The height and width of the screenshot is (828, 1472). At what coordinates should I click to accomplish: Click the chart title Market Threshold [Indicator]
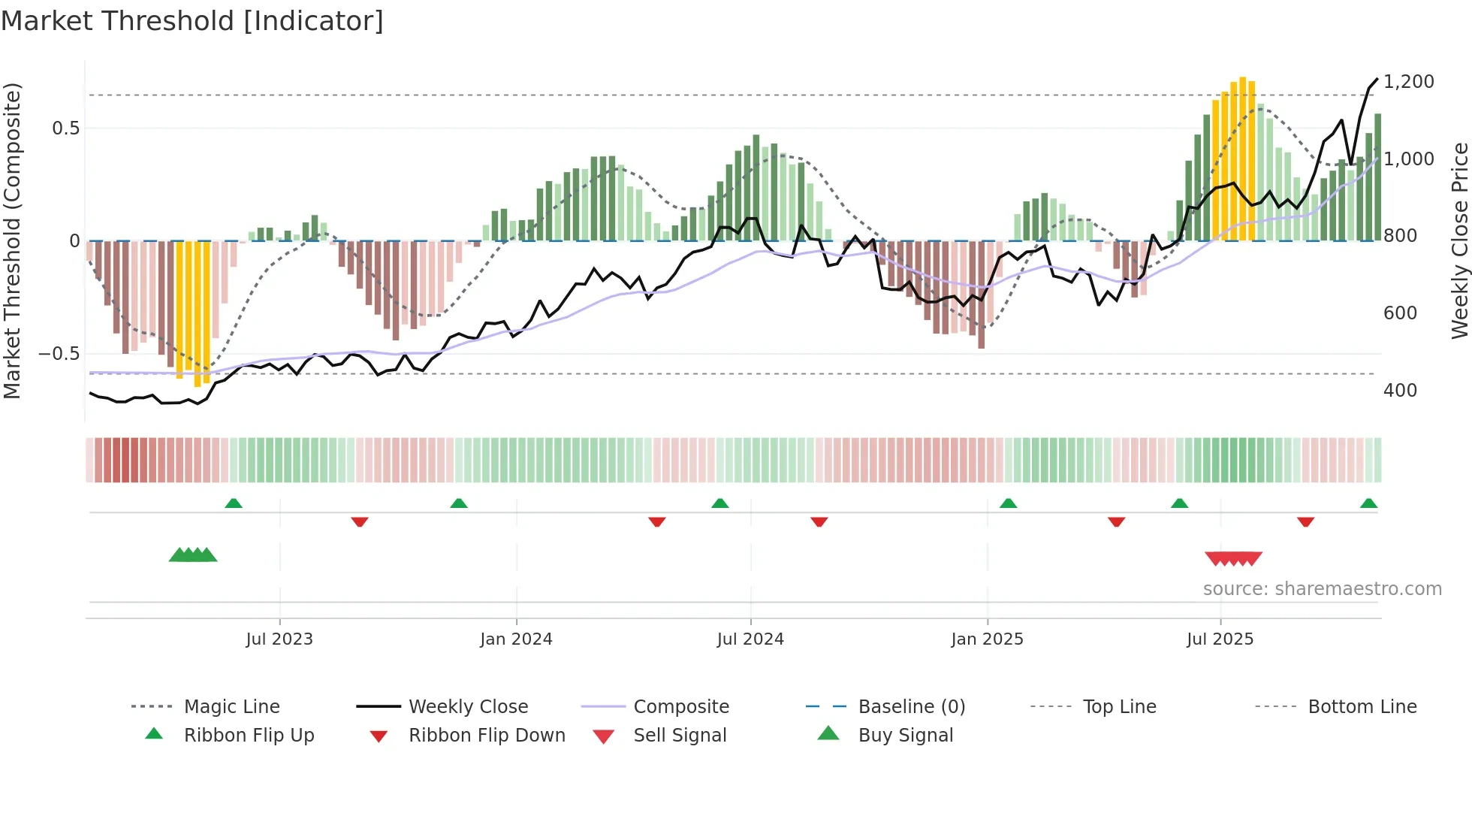[x=192, y=21]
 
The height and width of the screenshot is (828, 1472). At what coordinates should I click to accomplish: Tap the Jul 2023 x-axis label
[x=279, y=639]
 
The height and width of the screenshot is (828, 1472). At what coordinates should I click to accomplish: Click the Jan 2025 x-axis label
[x=987, y=639]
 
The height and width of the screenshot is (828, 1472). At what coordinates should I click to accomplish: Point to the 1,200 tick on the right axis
[x=1408, y=82]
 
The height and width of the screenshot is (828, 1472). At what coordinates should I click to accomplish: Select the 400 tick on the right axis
[x=1400, y=391]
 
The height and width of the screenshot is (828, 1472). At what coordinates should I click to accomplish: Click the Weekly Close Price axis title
[x=1459, y=240]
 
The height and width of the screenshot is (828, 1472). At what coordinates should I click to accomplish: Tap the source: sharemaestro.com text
[x=1322, y=589]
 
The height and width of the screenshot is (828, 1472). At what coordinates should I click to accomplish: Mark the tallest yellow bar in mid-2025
[x=1243, y=158]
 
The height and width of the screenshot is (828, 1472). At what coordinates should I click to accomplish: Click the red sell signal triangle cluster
[x=1233, y=558]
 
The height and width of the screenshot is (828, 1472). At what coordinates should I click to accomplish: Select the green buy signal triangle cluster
[x=193, y=555]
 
